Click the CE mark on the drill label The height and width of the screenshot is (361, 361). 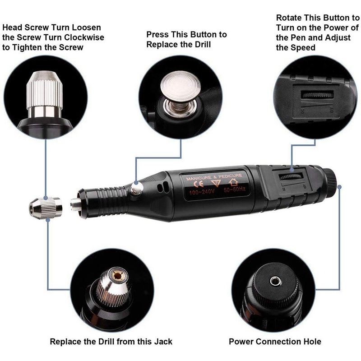[x=199, y=184]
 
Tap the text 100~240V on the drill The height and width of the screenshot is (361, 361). [x=202, y=192]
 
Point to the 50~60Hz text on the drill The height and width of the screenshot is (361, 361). [x=235, y=190]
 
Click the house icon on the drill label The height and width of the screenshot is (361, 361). [x=233, y=182]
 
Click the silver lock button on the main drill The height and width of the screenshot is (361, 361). [x=137, y=187]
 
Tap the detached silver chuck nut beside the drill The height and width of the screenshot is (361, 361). [x=46, y=208]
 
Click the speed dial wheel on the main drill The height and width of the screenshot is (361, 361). [x=291, y=176]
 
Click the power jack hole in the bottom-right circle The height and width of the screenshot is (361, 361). [x=276, y=281]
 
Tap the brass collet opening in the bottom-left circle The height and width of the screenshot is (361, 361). [x=118, y=275]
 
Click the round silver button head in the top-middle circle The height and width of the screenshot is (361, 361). [x=180, y=86]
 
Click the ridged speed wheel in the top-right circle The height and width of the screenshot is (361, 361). [x=317, y=95]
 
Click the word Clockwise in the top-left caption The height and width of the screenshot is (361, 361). [x=84, y=37]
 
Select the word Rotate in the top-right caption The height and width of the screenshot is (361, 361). [x=289, y=18]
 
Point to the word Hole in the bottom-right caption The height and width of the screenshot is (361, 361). [x=312, y=342]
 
